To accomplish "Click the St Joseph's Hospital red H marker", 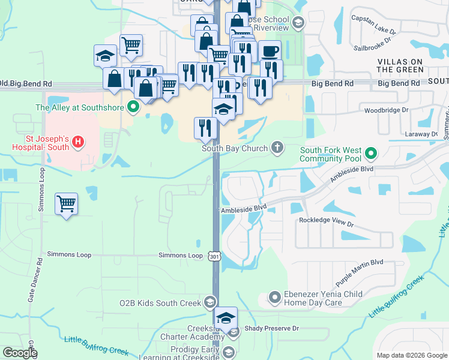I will point(77,142).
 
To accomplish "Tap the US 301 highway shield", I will point(215,256).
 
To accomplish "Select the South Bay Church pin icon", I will point(277,146).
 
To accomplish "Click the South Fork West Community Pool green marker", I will point(371,154).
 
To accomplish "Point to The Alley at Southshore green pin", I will point(133,108).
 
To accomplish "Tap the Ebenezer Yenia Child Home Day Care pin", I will point(274,297).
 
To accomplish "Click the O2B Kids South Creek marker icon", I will point(210,301).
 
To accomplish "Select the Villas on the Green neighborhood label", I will point(400,65).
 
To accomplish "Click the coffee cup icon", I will point(270,51).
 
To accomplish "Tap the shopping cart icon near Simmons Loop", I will point(66,203).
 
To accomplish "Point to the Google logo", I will point(20,353).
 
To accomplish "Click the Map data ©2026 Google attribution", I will point(411,355).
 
